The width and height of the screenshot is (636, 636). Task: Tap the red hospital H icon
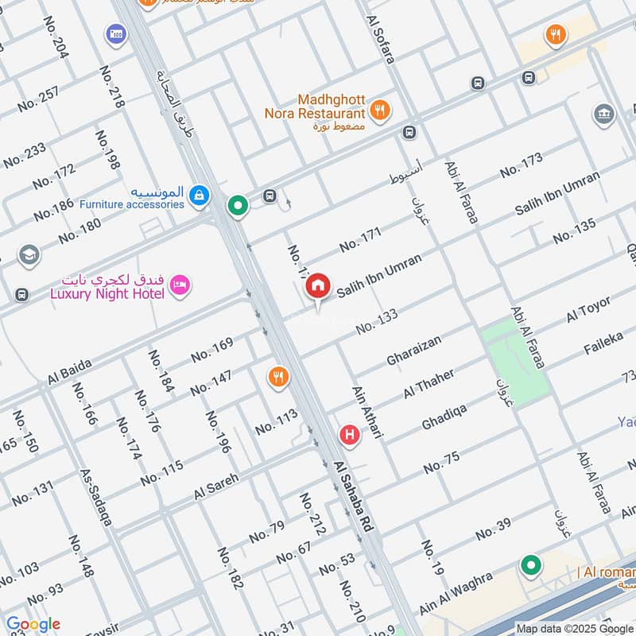point(348,435)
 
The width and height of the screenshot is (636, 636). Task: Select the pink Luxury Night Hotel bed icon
point(180,284)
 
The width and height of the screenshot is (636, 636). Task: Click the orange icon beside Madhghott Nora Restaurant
point(381,111)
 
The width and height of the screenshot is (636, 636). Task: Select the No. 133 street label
point(377,321)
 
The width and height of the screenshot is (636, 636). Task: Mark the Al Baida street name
point(69,371)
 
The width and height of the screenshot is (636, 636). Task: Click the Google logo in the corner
point(33,624)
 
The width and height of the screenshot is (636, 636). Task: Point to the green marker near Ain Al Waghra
point(530,566)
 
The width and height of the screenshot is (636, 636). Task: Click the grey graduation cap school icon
point(29,255)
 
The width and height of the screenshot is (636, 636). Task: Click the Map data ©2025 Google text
point(575,627)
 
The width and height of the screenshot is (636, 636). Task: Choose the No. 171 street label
point(360,239)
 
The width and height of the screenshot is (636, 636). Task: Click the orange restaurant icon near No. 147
point(277,377)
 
